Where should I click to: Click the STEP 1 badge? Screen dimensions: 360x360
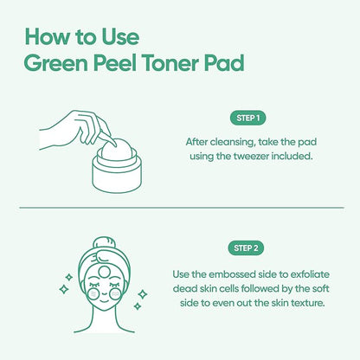247,118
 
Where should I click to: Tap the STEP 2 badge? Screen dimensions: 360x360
246,248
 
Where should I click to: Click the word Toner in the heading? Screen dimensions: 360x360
170,63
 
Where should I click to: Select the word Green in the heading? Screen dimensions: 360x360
55,63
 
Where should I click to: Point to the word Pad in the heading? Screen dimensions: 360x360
224,63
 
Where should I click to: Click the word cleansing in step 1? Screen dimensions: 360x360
233,142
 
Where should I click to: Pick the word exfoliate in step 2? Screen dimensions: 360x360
310,274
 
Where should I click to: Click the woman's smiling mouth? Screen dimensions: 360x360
104,301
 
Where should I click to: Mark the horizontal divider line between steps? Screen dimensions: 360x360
182,208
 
